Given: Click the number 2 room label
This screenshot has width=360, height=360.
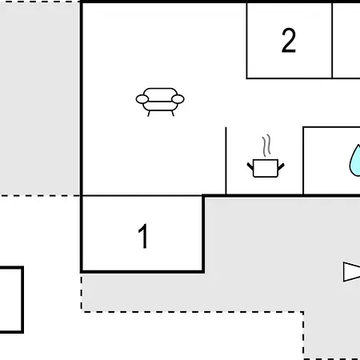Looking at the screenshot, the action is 289,40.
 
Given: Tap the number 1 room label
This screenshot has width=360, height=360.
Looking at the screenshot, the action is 143,236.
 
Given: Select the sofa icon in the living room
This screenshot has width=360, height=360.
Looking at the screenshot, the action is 160,102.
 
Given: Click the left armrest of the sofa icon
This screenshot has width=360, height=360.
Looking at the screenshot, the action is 142,99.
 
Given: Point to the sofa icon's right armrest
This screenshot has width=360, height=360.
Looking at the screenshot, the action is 178,99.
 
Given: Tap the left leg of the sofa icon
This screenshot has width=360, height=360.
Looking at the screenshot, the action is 149,114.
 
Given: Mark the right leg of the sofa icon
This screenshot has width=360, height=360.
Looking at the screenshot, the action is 173,114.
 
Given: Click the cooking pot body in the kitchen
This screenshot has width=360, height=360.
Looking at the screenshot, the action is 266,168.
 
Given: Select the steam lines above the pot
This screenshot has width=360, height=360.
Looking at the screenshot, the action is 266,146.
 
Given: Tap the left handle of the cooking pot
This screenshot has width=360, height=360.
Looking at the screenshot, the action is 250,166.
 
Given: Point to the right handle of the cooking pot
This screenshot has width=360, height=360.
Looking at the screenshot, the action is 281,166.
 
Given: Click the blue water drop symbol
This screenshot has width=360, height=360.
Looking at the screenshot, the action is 355,161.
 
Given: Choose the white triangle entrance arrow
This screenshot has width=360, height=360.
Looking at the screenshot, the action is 351,272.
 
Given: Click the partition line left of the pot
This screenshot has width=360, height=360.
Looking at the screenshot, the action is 226,161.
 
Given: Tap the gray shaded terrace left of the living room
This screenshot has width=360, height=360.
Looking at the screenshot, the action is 40,98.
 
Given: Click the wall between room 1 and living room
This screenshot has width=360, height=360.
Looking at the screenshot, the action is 142,196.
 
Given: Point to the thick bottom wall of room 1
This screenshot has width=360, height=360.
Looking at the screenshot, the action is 142,272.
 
